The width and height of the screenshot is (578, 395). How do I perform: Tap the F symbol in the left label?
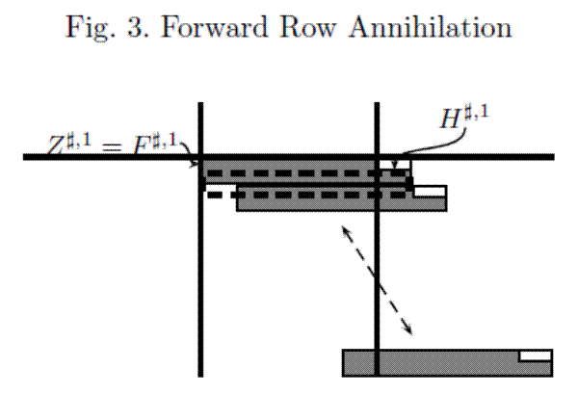click(x=144, y=145)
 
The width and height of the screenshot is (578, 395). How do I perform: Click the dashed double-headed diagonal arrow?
click(x=376, y=279)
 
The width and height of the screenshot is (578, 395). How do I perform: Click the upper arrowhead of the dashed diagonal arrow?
click(x=343, y=230)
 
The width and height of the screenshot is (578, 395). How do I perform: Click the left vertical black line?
click(x=200, y=289)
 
